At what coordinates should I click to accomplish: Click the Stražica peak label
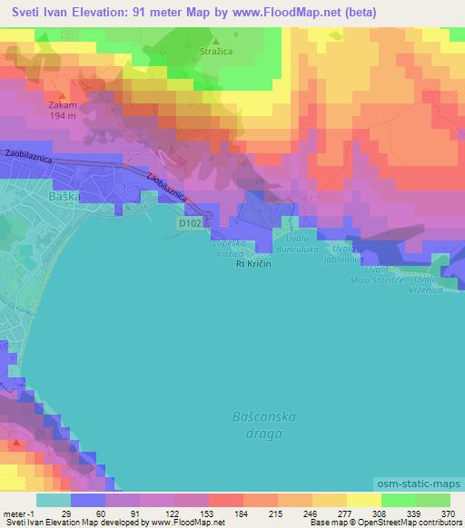(215, 53)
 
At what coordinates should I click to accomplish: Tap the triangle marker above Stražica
(215, 41)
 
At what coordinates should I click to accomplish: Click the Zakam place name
(63, 104)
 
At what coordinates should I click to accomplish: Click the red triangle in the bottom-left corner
(17, 444)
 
